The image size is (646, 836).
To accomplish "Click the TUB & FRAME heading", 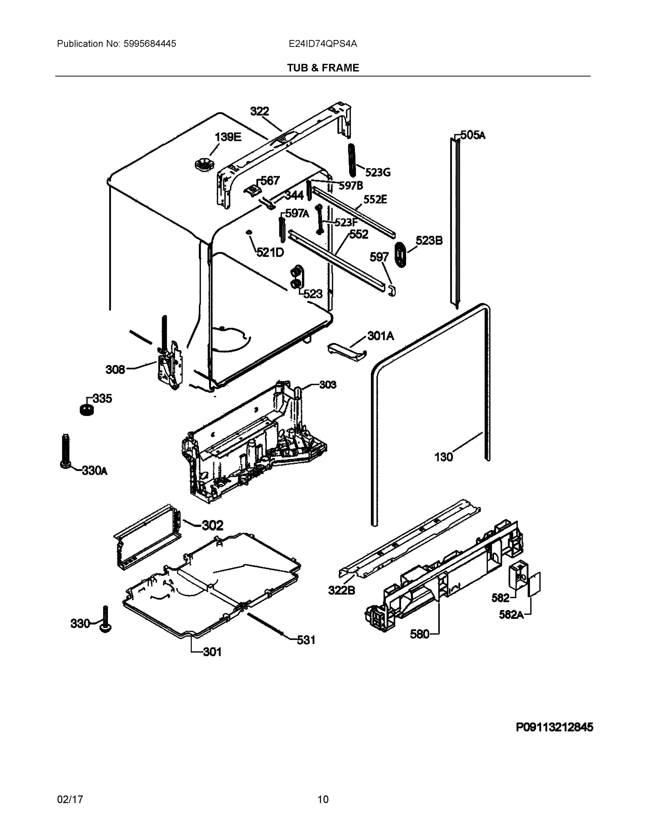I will (323, 68).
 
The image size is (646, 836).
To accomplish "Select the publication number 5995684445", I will (150, 44).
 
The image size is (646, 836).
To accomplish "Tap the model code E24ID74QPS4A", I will (323, 44).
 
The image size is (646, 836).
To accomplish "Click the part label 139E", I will (228, 137).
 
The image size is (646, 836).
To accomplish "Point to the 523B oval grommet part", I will (400, 254).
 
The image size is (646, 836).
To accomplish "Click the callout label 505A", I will (473, 135).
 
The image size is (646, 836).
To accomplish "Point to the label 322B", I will (341, 590).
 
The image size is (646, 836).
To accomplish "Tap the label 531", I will (306, 640).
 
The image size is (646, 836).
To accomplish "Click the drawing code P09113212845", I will (554, 727).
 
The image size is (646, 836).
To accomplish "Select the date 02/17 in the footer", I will (70, 799).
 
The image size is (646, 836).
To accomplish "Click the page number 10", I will (323, 799).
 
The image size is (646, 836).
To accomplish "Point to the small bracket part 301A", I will (347, 351).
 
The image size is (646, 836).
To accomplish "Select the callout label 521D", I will (270, 252).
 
